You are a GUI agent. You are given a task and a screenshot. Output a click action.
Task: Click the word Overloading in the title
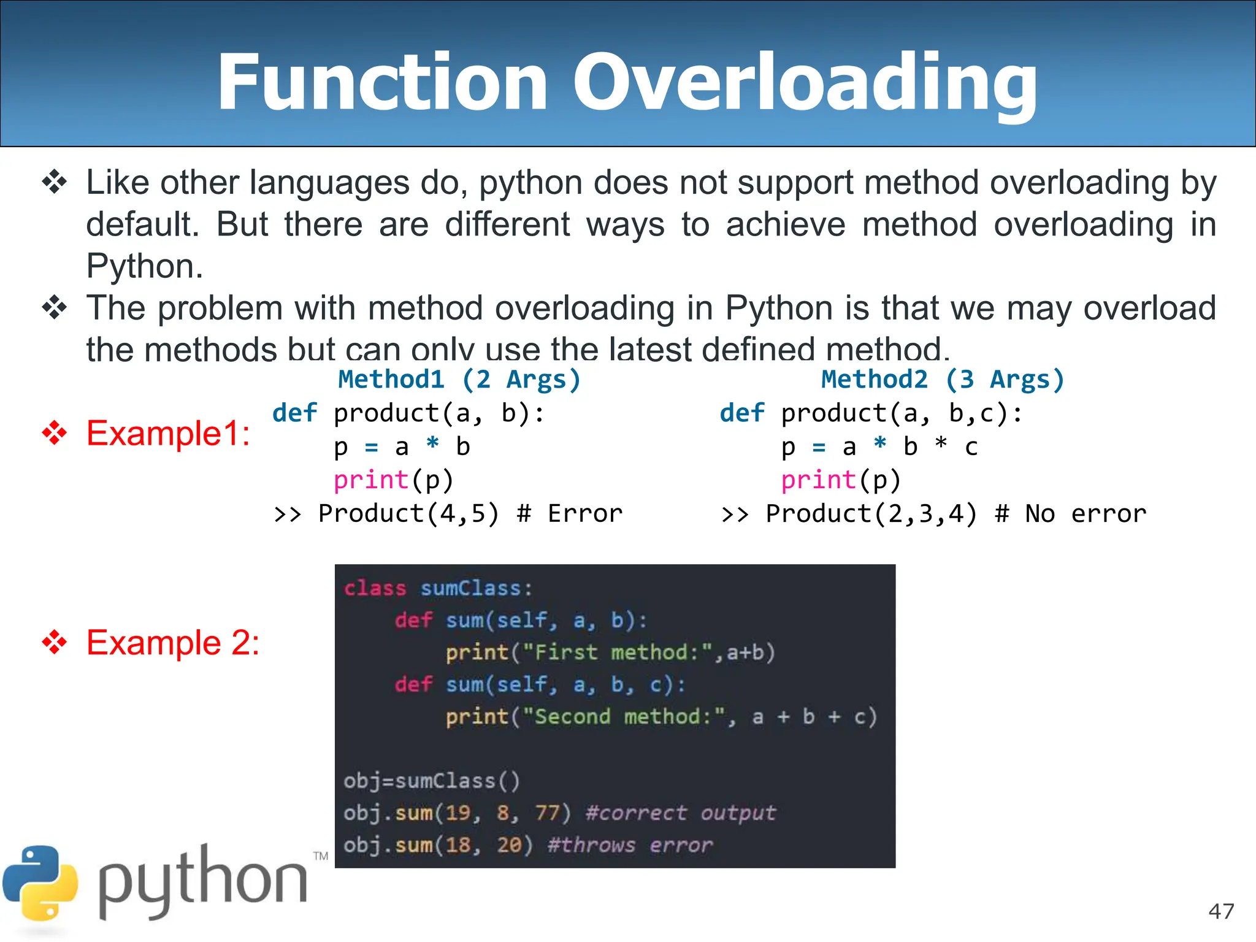[805, 83]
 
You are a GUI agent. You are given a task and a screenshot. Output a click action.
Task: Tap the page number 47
[1221, 911]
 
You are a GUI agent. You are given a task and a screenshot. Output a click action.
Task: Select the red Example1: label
[168, 433]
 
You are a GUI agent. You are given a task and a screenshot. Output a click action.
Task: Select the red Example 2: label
[173, 643]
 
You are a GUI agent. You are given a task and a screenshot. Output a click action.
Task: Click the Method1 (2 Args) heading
[459, 380]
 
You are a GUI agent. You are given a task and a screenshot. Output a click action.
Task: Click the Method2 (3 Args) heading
[943, 380]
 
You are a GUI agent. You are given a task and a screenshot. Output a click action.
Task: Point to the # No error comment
[1070, 513]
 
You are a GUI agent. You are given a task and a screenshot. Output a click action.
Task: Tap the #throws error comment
[630, 845]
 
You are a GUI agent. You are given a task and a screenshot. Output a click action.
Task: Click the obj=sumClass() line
[432, 781]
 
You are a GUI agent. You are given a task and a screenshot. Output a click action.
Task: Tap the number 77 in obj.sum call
[547, 813]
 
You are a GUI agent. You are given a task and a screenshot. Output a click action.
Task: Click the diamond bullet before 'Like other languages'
[55, 182]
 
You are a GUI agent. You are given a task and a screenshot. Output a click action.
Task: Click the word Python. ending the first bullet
[145, 266]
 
